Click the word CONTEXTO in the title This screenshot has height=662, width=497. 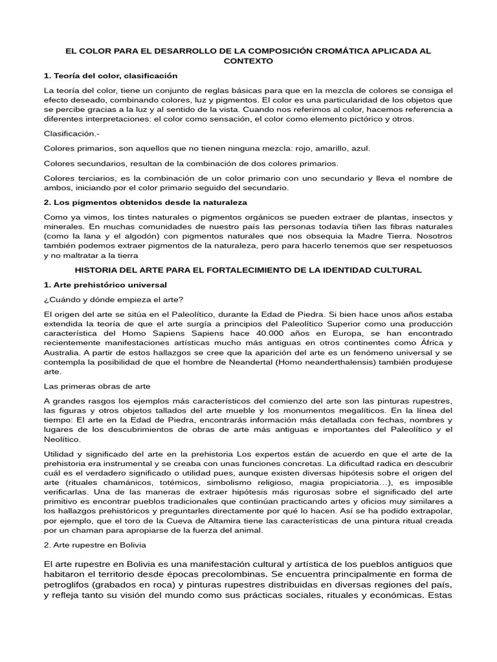coord(248,61)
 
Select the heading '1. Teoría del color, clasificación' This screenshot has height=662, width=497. coord(111,76)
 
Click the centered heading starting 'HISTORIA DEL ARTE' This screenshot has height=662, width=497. coord(248,269)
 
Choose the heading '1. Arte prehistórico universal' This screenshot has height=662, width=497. coord(105,284)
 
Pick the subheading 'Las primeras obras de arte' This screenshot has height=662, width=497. coord(97,387)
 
